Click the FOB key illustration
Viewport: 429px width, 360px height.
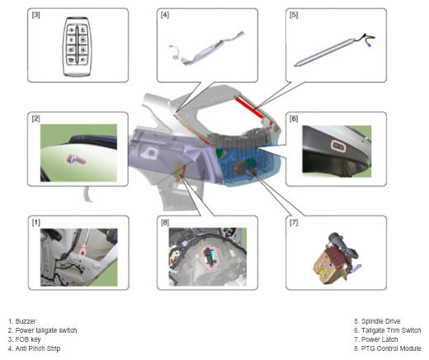[78, 47]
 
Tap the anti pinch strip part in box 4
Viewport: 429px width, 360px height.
[205, 49]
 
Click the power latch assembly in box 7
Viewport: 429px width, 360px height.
[336, 258]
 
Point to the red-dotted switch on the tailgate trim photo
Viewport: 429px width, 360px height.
[338, 145]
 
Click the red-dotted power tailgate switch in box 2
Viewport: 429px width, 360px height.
[76, 160]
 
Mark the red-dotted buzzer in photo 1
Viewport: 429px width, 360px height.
[82, 251]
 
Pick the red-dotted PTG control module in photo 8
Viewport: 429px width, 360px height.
[210, 258]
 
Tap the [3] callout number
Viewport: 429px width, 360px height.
[35, 15]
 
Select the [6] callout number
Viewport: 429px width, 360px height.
[294, 119]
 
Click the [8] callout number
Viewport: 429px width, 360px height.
[165, 222]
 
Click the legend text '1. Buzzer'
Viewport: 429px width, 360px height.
[22, 321]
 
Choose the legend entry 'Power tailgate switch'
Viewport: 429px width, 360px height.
[46, 330]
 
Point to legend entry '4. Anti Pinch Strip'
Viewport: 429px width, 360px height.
[34, 348]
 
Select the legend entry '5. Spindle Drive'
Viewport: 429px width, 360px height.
[377, 321]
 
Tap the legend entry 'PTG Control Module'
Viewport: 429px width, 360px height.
[391, 348]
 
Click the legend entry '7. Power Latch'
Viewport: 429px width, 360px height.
[376, 339]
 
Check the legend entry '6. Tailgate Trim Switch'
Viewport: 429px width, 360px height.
[388, 330]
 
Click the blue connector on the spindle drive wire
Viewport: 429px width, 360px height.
[370, 45]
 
